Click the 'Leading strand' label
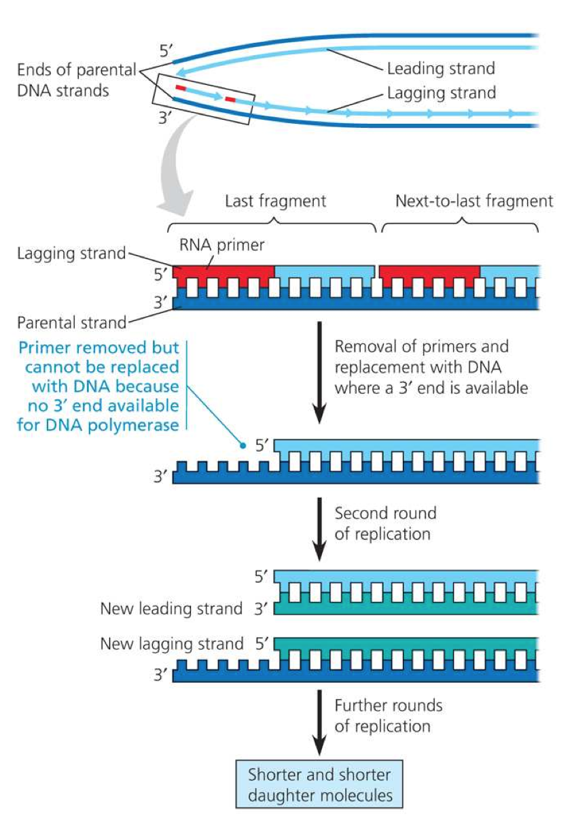point(440,69)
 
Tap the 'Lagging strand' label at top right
point(441,92)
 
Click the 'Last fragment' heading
point(275,201)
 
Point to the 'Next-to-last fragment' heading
point(474,201)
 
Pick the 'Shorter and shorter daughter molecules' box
point(320,784)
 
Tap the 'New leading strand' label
point(171,608)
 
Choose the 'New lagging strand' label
point(171,643)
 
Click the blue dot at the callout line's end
point(243,446)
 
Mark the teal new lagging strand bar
point(408,641)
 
